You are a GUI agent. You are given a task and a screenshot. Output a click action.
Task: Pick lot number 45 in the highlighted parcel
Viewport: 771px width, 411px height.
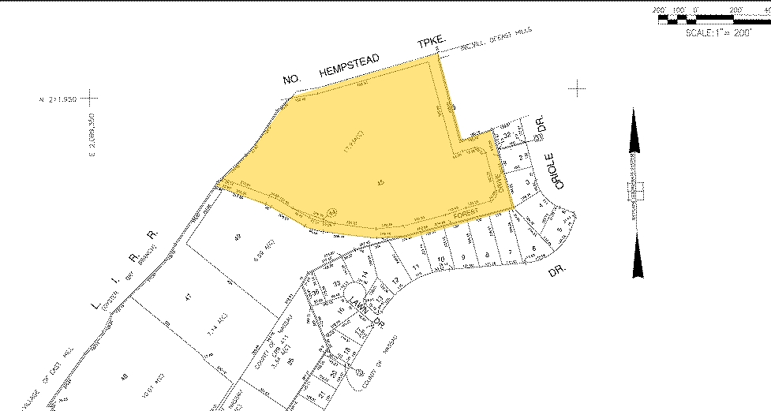(382, 183)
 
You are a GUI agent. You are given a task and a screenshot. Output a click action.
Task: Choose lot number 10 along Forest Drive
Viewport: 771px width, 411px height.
(442, 259)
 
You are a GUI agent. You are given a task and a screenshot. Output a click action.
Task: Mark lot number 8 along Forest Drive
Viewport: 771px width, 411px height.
(488, 253)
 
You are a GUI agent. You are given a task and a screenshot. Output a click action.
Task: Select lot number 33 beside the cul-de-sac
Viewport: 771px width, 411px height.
(337, 283)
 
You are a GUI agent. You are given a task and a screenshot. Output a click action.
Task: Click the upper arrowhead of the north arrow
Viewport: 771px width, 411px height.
(634, 130)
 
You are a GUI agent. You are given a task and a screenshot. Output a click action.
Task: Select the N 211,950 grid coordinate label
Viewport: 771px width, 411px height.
(56, 99)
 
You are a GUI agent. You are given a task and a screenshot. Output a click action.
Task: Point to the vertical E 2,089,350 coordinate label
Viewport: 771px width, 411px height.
(92, 135)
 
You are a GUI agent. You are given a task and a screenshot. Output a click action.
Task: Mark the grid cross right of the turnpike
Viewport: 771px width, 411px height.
(579, 88)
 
